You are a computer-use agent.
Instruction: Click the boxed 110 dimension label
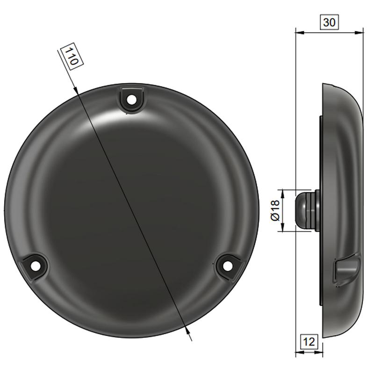pos(72,57)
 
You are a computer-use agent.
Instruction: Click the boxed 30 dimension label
pos(330,22)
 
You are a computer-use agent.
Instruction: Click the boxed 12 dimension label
pos(309,342)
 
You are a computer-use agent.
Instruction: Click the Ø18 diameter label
pos(275,210)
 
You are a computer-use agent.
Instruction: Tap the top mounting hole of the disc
pos(131,100)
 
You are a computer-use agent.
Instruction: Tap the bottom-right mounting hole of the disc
pos(227,266)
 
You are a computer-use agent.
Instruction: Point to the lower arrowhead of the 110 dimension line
pos(188,331)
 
